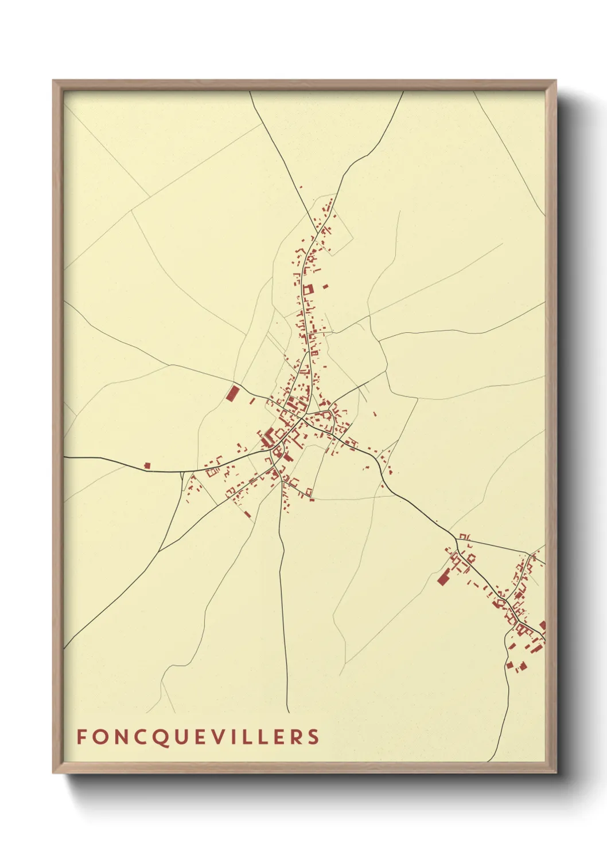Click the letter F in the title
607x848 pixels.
[81, 737]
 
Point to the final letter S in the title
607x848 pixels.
[313, 737]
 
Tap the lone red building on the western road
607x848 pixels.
[147, 466]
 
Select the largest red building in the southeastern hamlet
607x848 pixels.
[443, 577]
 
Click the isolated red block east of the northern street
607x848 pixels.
[326, 286]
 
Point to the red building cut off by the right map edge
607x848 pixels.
[543, 626]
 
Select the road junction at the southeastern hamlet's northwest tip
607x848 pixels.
[457, 538]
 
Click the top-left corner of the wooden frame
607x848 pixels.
[53, 81]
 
